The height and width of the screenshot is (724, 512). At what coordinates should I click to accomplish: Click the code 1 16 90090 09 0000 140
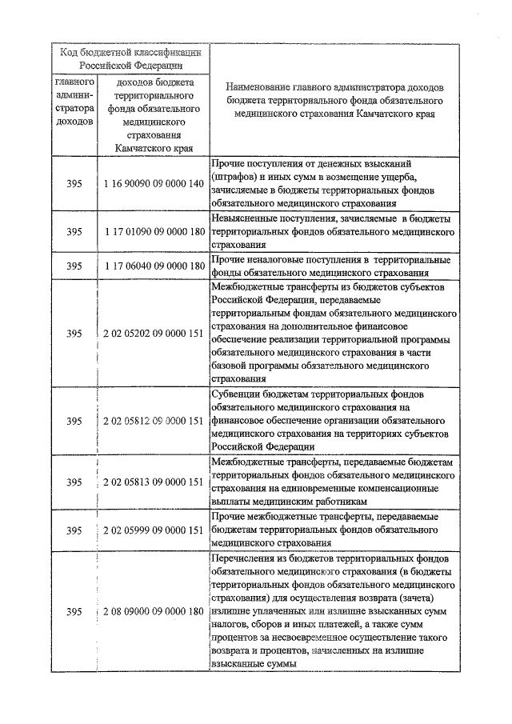coord(154,183)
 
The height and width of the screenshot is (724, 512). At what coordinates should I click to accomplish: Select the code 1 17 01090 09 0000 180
coord(154,231)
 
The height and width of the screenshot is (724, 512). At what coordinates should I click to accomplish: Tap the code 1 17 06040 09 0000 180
coord(154,266)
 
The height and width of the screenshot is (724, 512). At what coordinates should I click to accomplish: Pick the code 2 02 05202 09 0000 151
coord(154,333)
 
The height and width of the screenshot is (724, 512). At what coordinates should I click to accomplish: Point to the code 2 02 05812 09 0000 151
coord(154,421)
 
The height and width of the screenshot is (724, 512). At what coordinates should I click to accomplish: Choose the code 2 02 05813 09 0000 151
coord(154,482)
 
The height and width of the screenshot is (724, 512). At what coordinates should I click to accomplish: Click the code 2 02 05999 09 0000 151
coord(154,530)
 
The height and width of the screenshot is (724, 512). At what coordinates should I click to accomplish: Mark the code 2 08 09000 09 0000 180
coord(154,611)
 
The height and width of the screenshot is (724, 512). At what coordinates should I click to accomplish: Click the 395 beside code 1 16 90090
coord(74,183)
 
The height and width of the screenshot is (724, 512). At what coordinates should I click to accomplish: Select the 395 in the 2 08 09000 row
coord(74,611)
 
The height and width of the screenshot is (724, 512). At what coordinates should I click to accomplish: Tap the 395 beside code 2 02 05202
coord(74,333)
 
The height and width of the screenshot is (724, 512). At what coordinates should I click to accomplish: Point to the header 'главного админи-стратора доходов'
coord(74,102)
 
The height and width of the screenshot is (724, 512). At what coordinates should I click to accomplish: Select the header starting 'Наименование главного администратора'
coord(334,100)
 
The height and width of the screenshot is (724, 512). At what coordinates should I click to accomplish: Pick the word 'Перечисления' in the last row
coord(246,558)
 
